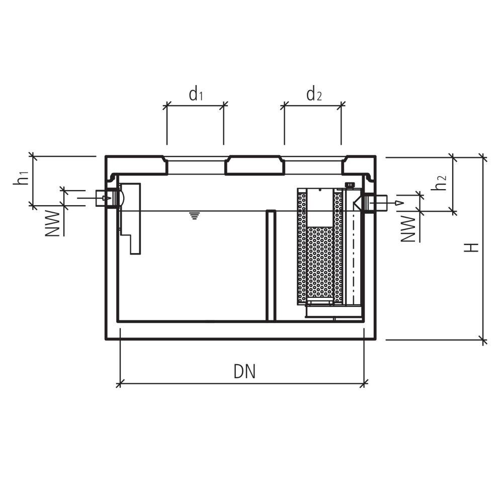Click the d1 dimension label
click(196, 95)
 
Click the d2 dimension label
click(314, 95)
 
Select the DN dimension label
click(244, 372)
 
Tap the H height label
click(471, 247)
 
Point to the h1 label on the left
click(21, 179)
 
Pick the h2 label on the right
click(439, 183)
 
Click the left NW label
click(52, 224)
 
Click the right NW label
click(408, 229)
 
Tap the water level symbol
click(194, 215)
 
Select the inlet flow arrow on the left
click(95, 198)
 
